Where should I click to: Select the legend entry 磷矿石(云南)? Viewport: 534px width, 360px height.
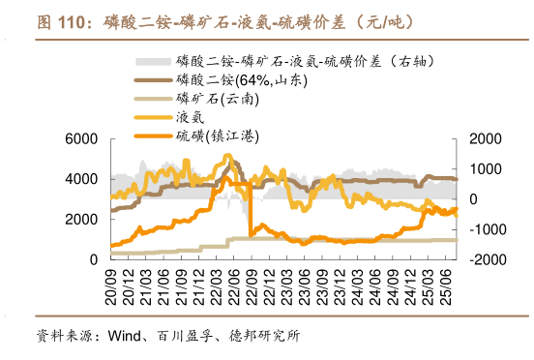tap(215, 98)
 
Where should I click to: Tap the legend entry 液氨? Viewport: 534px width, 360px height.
tap(191, 116)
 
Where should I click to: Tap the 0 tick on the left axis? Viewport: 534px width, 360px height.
tap(93, 259)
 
